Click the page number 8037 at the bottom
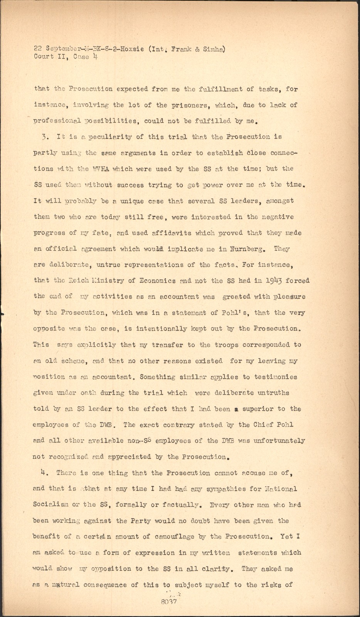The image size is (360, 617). tap(169, 601)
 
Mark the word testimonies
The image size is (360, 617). tap(274, 377)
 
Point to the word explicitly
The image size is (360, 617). tap(93, 345)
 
